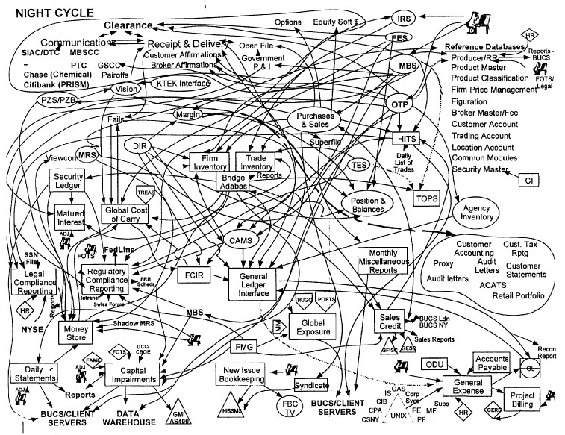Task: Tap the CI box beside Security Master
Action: pyautogui.click(x=528, y=180)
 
